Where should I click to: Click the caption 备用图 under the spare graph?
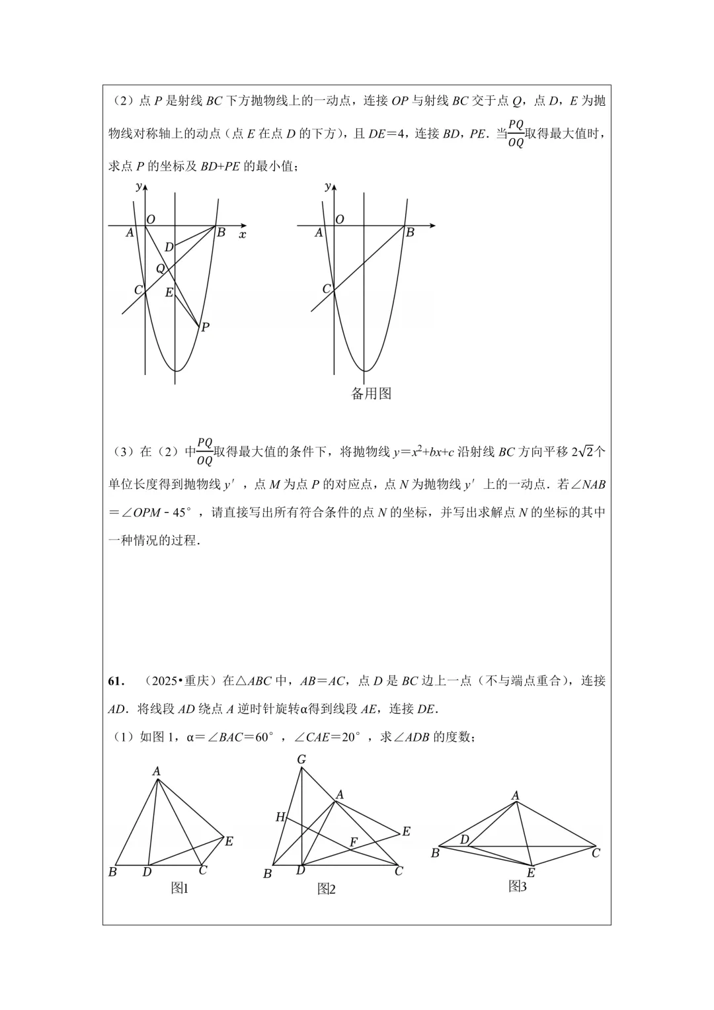pyautogui.click(x=371, y=394)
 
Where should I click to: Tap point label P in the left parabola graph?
pyautogui.click(x=205, y=327)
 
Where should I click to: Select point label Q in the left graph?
pyautogui.click(x=160, y=269)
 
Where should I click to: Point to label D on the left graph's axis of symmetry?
pyautogui.click(x=169, y=247)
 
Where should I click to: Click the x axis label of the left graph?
pyautogui.click(x=243, y=234)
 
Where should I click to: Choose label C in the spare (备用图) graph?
pyautogui.click(x=326, y=289)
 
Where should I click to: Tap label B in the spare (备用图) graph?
pyautogui.click(x=410, y=232)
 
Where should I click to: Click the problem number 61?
pyautogui.click(x=116, y=681)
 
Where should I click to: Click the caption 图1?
pyautogui.click(x=180, y=888)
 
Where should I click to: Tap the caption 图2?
pyautogui.click(x=326, y=889)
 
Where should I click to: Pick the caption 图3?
pyautogui.click(x=518, y=886)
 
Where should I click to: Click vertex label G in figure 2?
pyautogui.click(x=301, y=759)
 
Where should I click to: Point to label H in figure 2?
pyautogui.click(x=280, y=818)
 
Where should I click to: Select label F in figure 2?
pyautogui.click(x=354, y=842)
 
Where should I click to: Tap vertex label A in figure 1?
pyautogui.click(x=157, y=771)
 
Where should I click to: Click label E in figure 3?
pyautogui.click(x=530, y=873)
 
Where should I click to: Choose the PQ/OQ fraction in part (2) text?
pyautogui.click(x=516, y=133)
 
